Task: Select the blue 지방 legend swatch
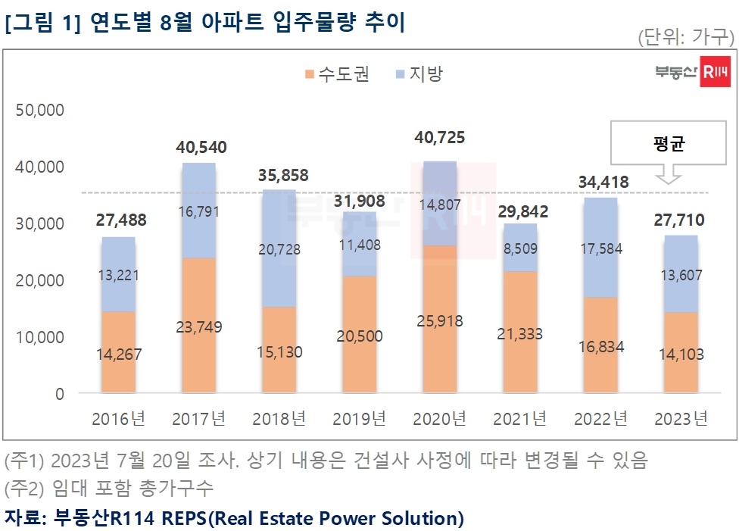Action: [401, 74]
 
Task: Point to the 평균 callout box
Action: [668, 144]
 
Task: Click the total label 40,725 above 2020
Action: [440, 138]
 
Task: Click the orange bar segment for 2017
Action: [199, 326]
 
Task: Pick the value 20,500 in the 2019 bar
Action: [360, 336]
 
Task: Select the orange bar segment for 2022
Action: [601, 345]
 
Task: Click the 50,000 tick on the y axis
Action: [39, 110]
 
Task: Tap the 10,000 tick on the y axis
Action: [39, 337]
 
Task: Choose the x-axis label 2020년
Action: [440, 418]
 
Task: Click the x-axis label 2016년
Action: [119, 418]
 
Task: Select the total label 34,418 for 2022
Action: [603, 182]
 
